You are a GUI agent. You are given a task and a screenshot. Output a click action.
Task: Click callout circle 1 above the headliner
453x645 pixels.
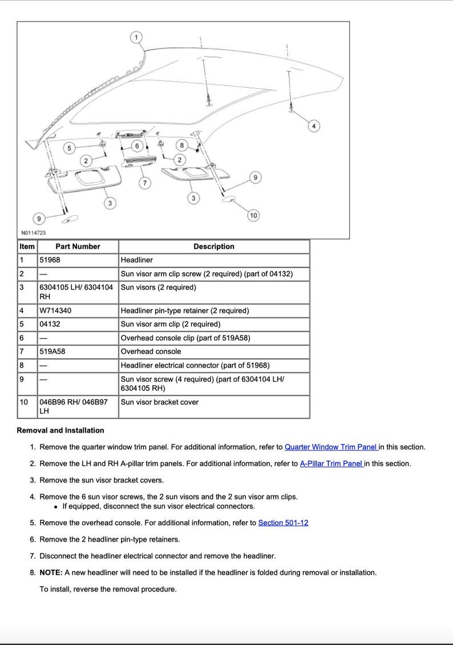tap(136, 38)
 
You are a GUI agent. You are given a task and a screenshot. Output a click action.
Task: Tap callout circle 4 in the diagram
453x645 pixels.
tap(314, 126)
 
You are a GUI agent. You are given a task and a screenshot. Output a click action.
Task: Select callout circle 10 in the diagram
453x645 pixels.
tap(253, 215)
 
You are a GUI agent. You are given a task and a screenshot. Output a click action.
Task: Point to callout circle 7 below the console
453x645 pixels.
tap(145, 183)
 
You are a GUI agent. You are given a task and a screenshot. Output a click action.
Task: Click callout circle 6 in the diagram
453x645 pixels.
tap(137, 146)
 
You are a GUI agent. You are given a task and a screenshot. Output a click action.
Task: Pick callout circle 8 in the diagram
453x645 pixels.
tap(182, 146)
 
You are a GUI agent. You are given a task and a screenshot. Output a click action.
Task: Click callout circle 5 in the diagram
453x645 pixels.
tap(70, 148)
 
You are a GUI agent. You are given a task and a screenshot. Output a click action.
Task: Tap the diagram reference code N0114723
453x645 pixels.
tap(34, 233)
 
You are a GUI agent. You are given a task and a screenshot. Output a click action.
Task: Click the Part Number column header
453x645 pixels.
tap(78, 247)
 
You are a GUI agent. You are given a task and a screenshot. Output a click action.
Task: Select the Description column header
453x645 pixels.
tap(214, 247)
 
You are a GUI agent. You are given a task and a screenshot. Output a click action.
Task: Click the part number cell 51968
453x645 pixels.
tap(50, 260)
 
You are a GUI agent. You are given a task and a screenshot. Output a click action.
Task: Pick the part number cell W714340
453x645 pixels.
tap(55, 311)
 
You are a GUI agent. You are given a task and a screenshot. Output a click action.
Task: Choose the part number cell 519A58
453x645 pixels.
tap(52, 352)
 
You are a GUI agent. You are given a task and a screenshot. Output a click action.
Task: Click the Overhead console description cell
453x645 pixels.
tap(151, 352)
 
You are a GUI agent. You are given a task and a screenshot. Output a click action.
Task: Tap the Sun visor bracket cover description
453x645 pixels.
tap(159, 402)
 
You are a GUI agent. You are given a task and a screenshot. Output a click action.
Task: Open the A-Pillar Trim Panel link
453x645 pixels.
tap(331, 464)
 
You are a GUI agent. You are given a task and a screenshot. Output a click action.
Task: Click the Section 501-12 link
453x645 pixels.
tap(283, 523)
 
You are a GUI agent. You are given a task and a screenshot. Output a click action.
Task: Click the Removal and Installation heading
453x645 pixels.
tap(60, 430)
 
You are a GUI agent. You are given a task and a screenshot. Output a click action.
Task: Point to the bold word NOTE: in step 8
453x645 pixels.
tap(51, 573)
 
